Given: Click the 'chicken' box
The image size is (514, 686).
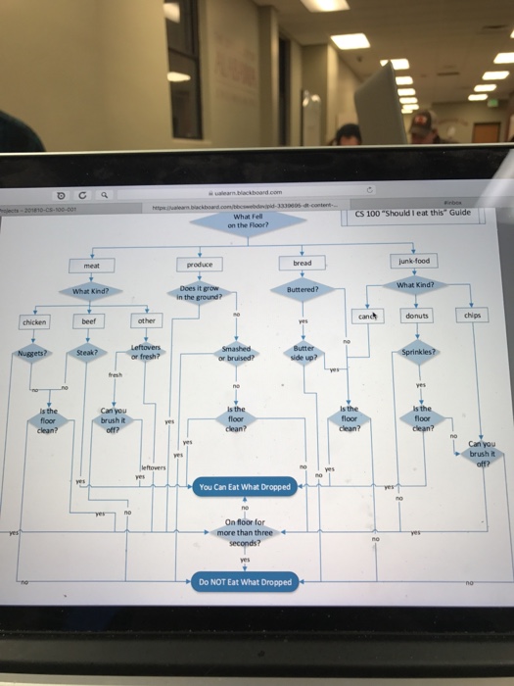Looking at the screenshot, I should [x=34, y=320].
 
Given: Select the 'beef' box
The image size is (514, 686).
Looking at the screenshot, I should [x=88, y=320].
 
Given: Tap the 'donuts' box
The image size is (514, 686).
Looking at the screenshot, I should [x=418, y=316].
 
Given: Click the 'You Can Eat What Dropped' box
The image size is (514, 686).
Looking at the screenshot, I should [x=245, y=486].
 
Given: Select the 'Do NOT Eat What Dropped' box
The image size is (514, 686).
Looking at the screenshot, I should [x=245, y=581].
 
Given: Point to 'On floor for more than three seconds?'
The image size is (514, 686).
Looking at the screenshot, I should [x=244, y=532].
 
